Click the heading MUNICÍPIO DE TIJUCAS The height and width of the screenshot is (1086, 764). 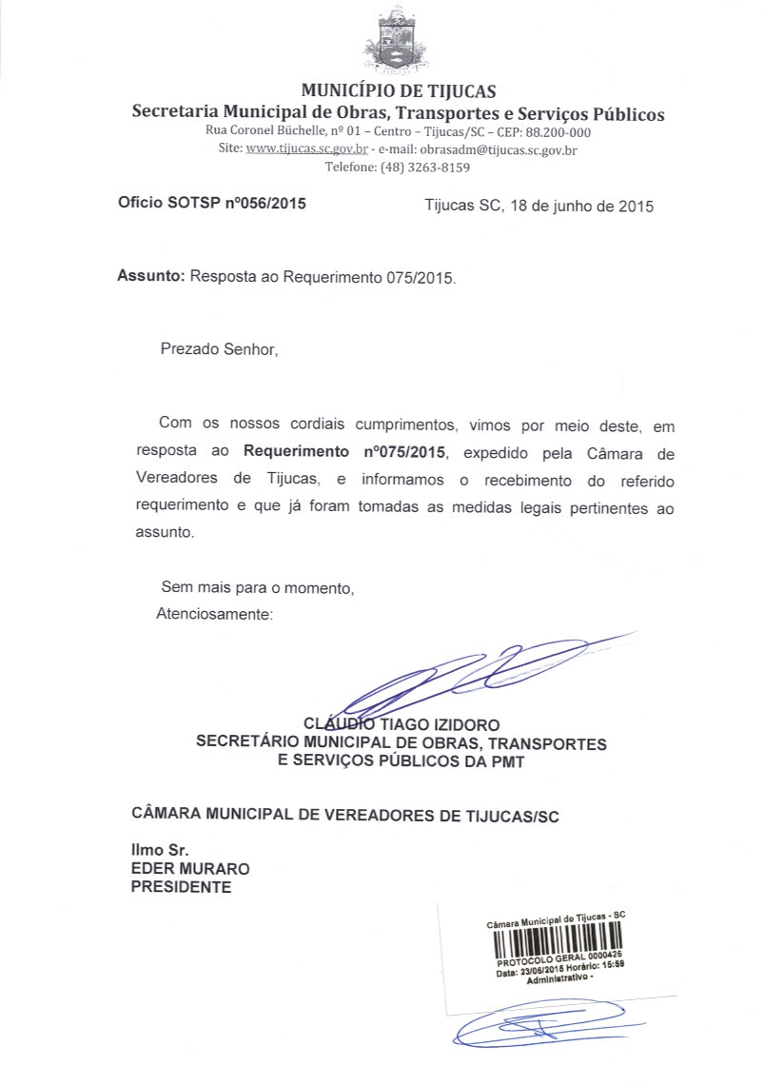398,92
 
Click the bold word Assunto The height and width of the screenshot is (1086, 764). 148,278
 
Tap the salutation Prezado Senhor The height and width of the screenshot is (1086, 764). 219,349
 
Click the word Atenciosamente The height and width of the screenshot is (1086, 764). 214,614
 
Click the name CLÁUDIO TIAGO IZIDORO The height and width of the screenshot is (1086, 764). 401,725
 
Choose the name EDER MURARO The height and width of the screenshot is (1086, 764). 190,869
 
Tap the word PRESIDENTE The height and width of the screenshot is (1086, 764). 181,887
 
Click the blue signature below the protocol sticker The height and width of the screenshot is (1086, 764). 547,1028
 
